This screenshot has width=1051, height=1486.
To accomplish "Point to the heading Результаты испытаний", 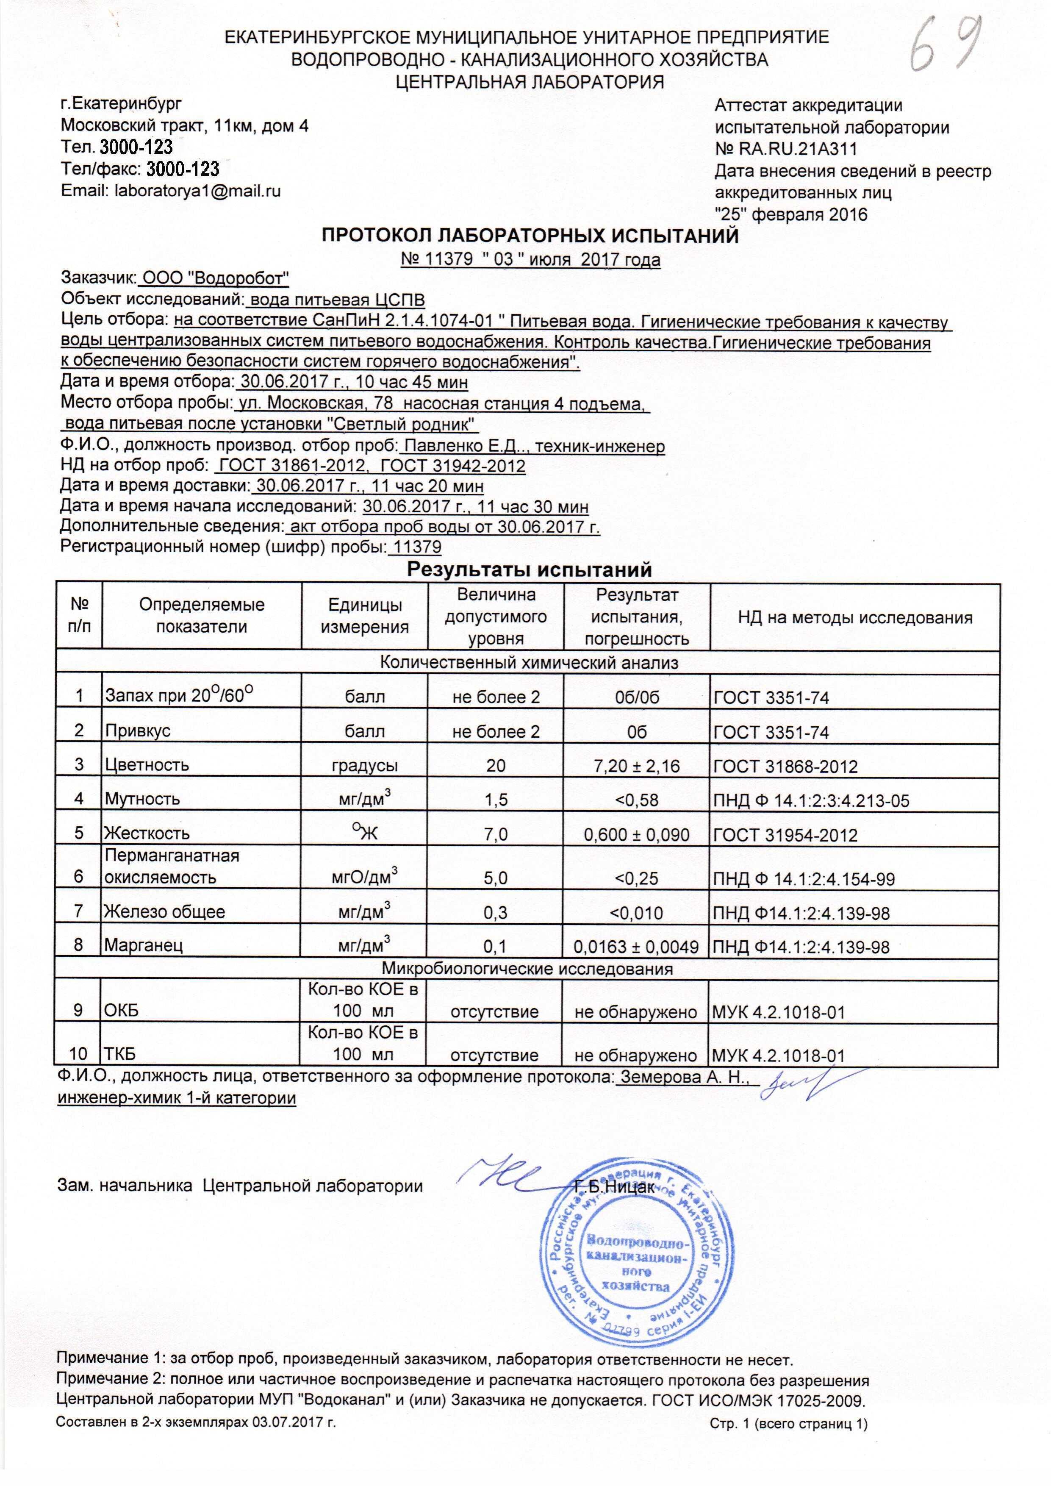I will pos(529,569).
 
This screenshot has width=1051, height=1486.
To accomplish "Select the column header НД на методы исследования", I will pos(855,617).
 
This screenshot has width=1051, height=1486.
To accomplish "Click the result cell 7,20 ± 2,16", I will pos(636,766).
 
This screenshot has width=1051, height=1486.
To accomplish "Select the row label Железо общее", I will pos(165,912).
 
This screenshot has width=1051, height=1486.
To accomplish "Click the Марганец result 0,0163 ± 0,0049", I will pos(636,946).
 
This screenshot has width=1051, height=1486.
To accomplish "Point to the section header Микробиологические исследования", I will pos(527,969).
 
